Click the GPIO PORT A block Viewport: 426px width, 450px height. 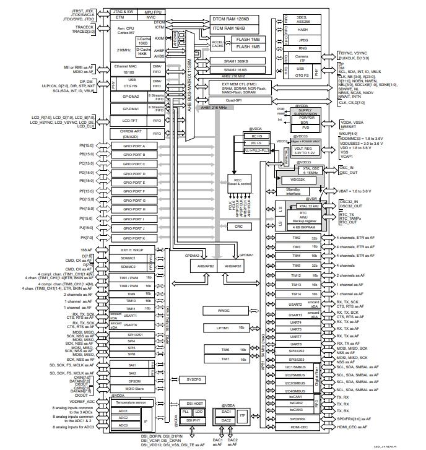[x=131, y=145]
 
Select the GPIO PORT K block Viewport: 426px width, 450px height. [x=131, y=238]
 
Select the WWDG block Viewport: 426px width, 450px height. [x=223, y=310]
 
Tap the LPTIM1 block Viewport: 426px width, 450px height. [x=223, y=327]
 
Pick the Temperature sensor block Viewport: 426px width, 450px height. [x=131, y=403]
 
